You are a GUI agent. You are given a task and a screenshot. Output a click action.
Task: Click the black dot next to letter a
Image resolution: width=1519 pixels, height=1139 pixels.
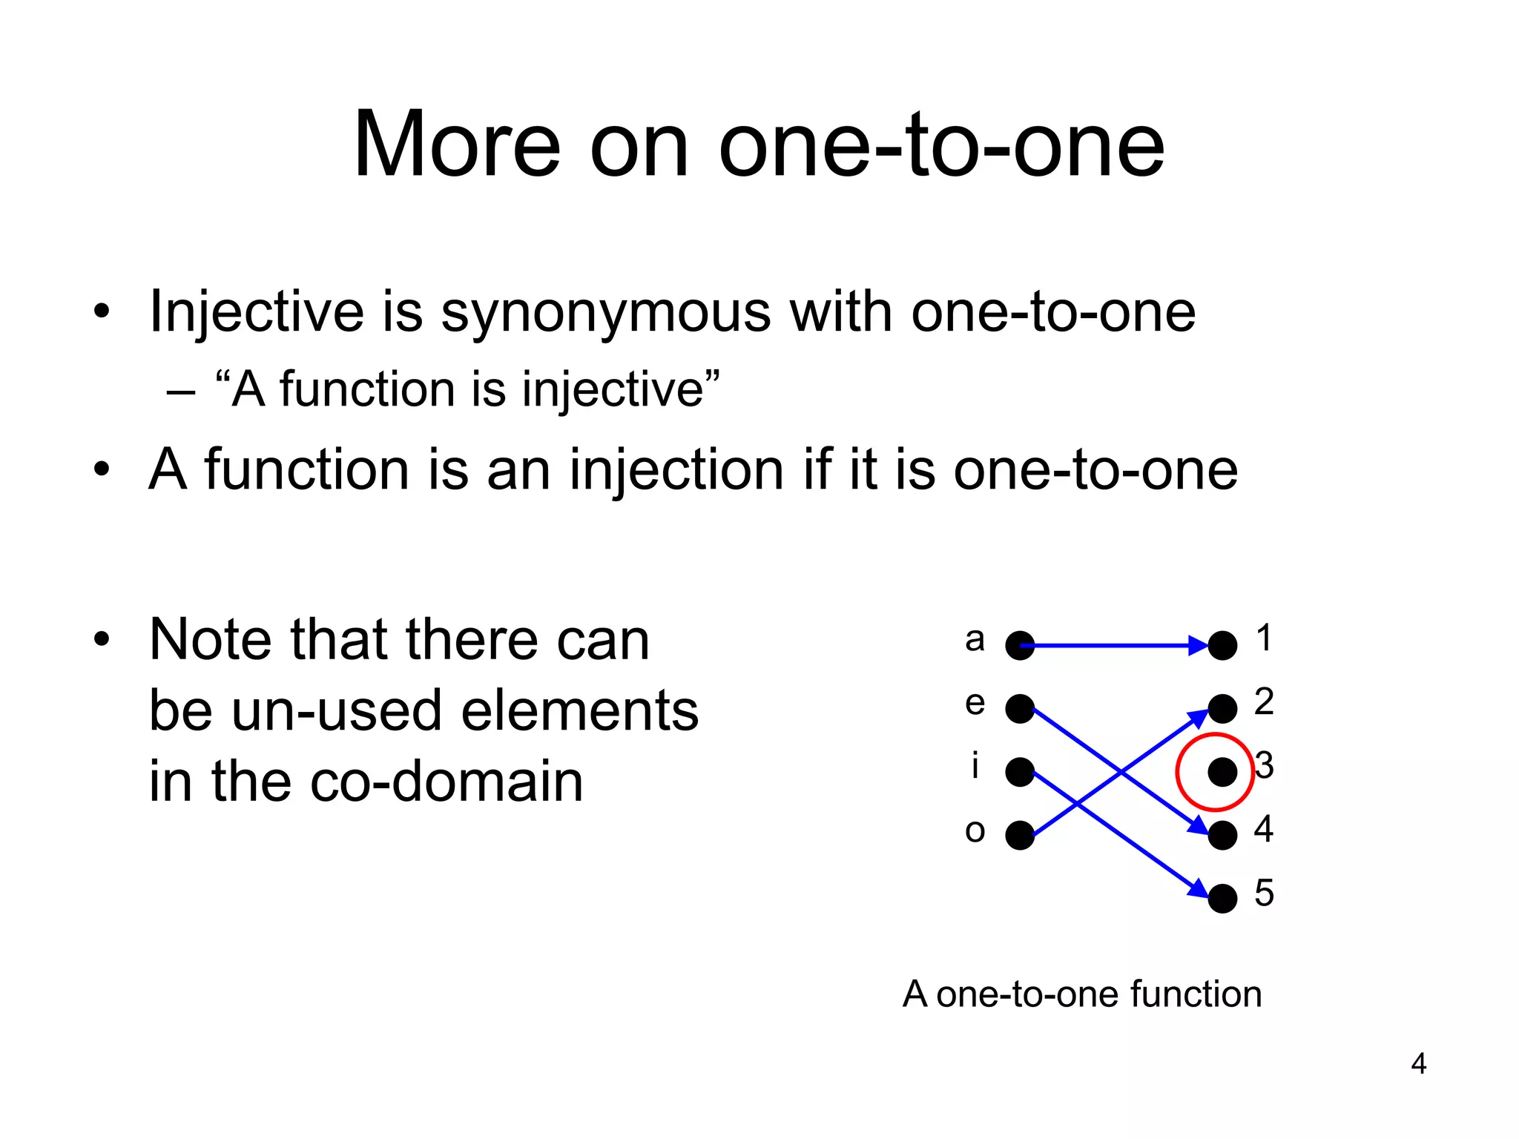1020,645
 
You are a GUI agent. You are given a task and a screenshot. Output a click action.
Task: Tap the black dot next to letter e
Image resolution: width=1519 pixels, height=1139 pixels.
1020,709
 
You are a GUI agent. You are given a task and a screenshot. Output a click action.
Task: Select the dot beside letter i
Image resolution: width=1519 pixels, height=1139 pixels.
1020,772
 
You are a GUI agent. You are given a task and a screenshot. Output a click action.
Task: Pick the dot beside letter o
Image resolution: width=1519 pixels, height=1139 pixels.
1020,835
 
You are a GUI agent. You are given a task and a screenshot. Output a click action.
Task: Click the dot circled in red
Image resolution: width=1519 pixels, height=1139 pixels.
1222,772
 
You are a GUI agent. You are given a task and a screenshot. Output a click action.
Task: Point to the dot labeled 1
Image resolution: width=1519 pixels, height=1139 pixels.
1222,645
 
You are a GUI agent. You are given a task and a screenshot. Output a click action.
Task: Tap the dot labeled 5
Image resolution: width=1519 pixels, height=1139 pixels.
1222,899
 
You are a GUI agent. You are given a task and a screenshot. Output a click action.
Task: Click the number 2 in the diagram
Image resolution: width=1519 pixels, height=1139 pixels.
1264,701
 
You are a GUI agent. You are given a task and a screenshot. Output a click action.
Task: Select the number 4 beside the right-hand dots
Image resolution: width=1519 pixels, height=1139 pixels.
1264,828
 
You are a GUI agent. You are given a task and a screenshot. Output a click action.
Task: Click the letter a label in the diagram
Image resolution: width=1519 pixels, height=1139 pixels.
975,639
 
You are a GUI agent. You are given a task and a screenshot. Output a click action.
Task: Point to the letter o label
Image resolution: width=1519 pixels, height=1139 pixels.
975,831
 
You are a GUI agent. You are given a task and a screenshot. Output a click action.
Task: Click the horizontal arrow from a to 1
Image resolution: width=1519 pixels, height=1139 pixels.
1113,646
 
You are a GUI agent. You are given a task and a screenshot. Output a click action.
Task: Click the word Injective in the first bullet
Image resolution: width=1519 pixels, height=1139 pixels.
257,311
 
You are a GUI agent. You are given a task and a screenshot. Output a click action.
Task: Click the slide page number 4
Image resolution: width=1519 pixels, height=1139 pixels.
1418,1064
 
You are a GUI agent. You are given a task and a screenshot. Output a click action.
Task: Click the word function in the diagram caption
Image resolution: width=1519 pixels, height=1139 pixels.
1196,994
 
